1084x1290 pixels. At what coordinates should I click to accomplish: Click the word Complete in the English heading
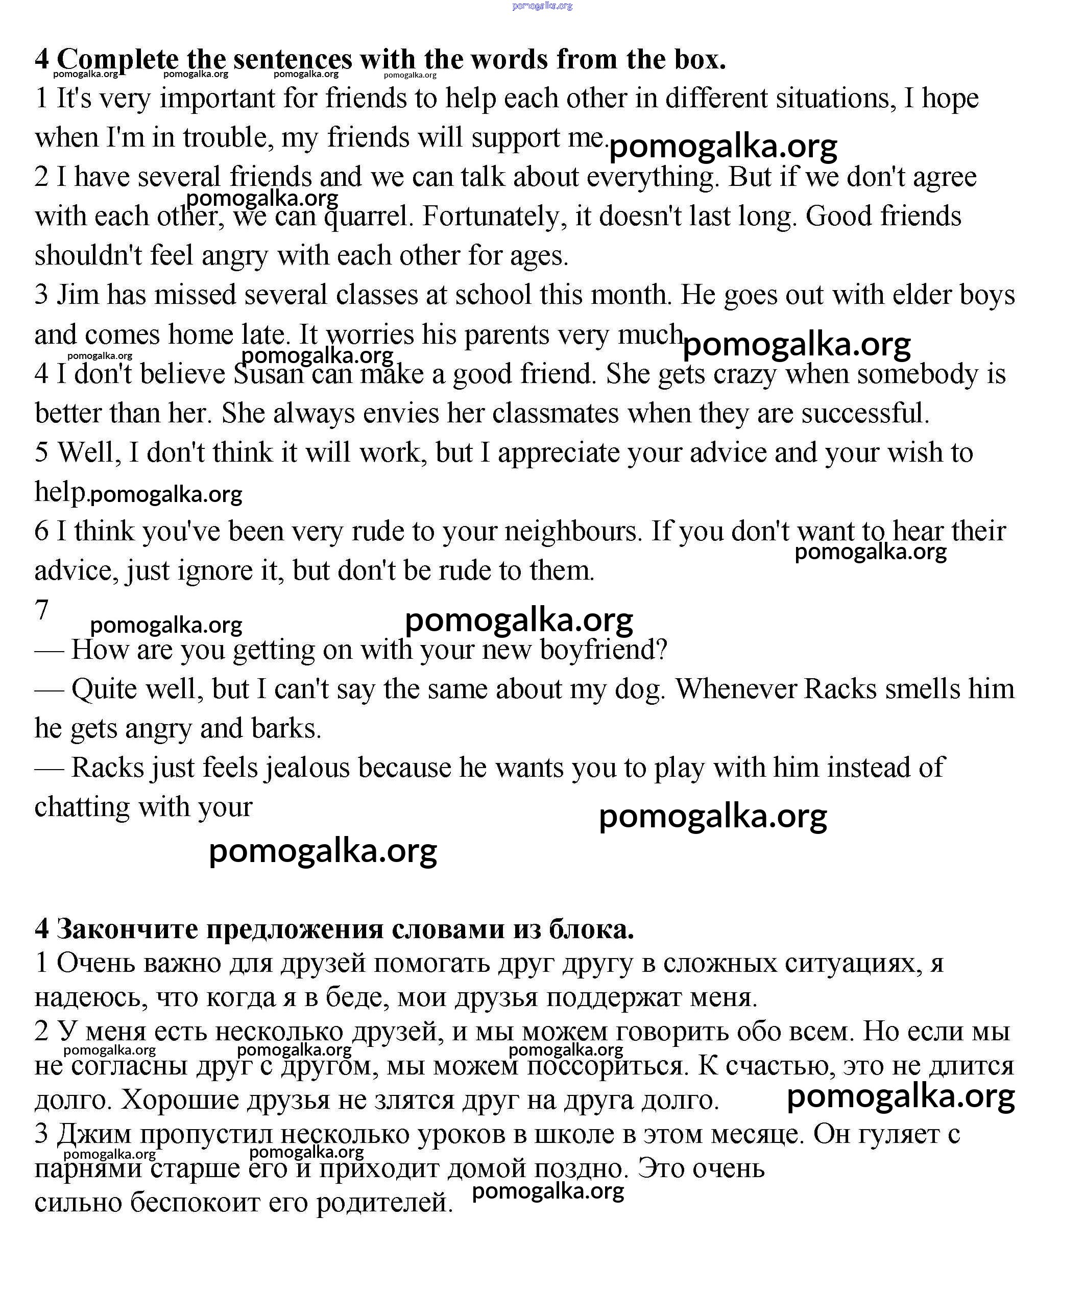tap(117, 60)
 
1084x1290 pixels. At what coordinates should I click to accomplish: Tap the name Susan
tap(269, 374)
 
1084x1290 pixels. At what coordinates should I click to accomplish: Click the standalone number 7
tap(42, 610)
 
